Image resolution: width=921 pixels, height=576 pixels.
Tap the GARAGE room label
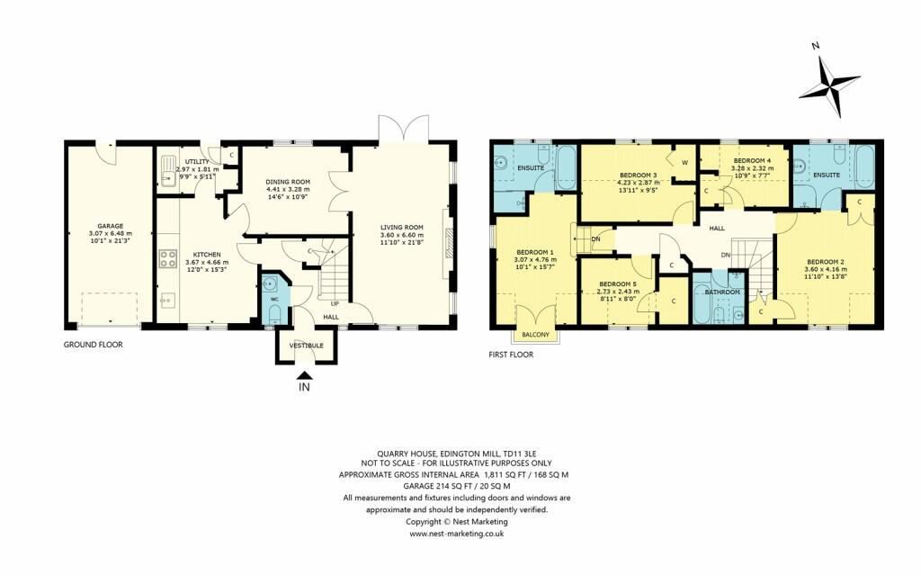pyautogui.click(x=110, y=226)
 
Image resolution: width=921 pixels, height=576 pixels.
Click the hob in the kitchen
pyautogui.click(x=167, y=259)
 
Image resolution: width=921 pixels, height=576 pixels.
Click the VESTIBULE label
pyautogui.click(x=306, y=346)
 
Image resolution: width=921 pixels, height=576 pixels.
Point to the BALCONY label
pyautogui.click(x=535, y=337)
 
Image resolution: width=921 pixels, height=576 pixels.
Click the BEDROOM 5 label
pyautogui.click(x=618, y=283)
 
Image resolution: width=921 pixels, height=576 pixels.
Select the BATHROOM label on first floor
pyautogui.click(x=722, y=292)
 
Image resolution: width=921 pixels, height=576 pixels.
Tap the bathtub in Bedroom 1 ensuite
pyautogui.click(x=566, y=167)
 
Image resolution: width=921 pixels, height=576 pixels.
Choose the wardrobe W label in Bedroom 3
pyautogui.click(x=684, y=163)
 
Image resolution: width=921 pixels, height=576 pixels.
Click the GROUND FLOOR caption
pyautogui.click(x=93, y=345)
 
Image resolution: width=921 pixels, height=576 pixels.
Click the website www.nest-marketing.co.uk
pyautogui.click(x=456, y=534)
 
